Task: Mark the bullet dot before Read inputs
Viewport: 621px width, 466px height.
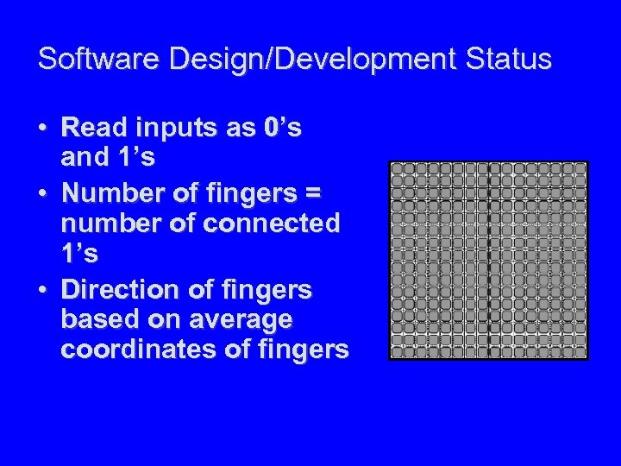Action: pos(42,129)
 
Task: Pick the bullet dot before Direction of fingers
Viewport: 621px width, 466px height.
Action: pos(42,290)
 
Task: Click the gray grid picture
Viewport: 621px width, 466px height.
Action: pos(488,260)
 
